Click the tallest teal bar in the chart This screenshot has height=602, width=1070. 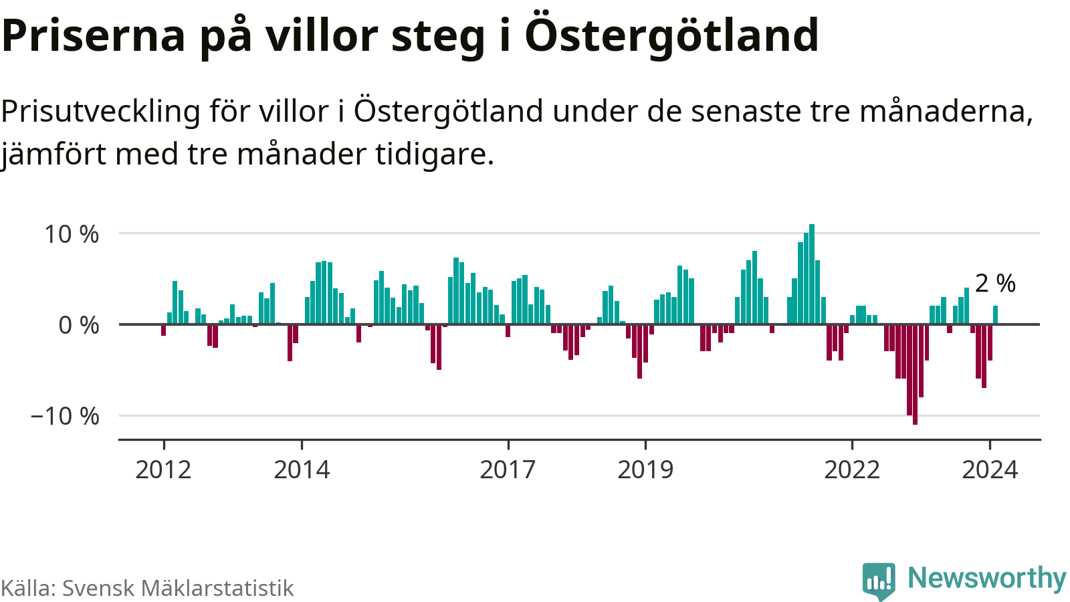tap(812, 274)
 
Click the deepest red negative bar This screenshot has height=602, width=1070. tap(915, 375)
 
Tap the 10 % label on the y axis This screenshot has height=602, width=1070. tap(72, 234)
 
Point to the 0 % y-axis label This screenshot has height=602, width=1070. tap(79, 325)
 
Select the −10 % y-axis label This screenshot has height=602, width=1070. tap(65, 416)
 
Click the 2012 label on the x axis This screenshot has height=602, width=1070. tap(163, 470)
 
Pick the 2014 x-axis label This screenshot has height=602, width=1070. tap(302, 470)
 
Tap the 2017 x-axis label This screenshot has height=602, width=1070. tap(508, 470)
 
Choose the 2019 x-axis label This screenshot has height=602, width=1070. tap(645, 470)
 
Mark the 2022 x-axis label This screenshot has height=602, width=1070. tap(851, 470)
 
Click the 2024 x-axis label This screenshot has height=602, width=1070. tap(990, 470)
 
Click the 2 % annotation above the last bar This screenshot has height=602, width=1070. tap(995, 284)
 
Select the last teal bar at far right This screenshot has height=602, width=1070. tap(996, 315)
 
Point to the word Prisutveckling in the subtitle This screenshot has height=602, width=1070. tap(101, 111)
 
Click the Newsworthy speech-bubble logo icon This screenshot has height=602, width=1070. tap(879, 581)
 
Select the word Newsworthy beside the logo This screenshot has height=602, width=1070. tap(986, 578)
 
